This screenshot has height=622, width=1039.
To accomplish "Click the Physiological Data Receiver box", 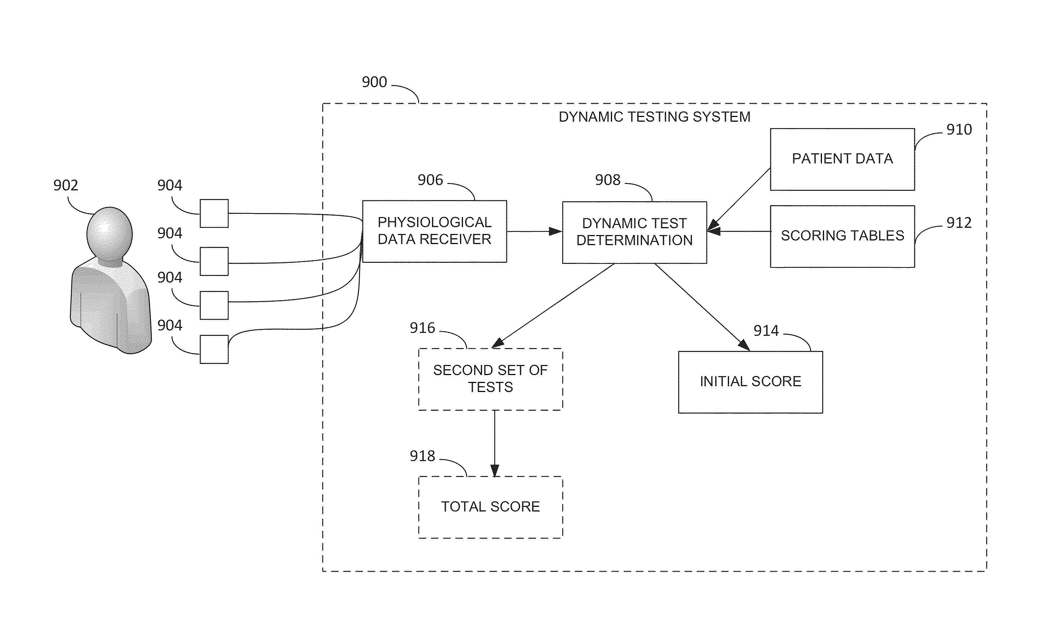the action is click(x=434, y=231).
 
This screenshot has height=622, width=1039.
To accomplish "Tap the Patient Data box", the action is click(x=842, y=159).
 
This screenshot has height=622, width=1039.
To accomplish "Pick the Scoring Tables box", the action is click(x=842, y=236).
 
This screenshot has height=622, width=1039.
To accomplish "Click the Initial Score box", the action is click(x=750, y=382).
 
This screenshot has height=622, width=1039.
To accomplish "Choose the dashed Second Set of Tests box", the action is click(x=490, y=379).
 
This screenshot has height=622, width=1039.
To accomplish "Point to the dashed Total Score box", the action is click(x=490, y=507).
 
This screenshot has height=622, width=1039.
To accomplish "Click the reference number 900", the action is click(x=374, y=82).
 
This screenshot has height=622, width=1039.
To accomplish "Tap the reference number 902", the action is click(x=66, y=185).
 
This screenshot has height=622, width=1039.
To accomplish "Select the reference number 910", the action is click(x=959, y=130).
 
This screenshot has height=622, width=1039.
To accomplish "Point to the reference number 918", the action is click(x=422, y=456).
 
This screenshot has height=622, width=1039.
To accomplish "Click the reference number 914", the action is click(x=766, y=331).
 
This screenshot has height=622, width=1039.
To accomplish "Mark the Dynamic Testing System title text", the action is click(x=654, y=117).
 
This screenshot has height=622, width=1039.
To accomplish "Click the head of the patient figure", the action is click(x=109, y=234).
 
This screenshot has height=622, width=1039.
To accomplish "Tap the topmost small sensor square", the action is click(x=214, y=213).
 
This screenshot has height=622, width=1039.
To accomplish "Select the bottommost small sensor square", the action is click(x=214, y=349).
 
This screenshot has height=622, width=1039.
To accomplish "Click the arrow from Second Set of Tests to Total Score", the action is click(x=495, y=443).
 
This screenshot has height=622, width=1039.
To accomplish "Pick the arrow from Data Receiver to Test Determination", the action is click(x=534, y=231).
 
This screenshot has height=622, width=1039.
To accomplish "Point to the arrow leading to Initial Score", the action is click(x=702, y=307).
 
